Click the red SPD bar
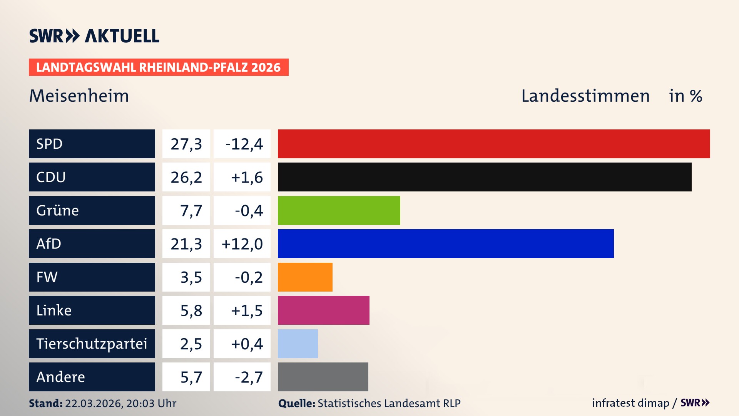tap(494, 144)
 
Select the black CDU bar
tap(485, 177)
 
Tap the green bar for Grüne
tap(339, 210)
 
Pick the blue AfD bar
tap(446, 243)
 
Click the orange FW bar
tap(305, 277)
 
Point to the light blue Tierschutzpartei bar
tap(298, 344)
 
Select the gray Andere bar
tap(323, 377)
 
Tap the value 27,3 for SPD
tap(186, 144)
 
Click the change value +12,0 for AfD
tap(242, 244)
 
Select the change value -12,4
tap(244, 144)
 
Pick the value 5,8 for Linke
tap(191, 310)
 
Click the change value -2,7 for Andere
tap(249, 377)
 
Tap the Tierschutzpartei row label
tap(92, 344)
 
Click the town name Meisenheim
tap(79, 96)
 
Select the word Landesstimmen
tap(585, 96)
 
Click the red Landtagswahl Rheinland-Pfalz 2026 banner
tap(159, 67)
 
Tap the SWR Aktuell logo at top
tap(94, 36)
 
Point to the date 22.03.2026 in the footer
tap(94, 403)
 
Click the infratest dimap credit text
tap(630, 403)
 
